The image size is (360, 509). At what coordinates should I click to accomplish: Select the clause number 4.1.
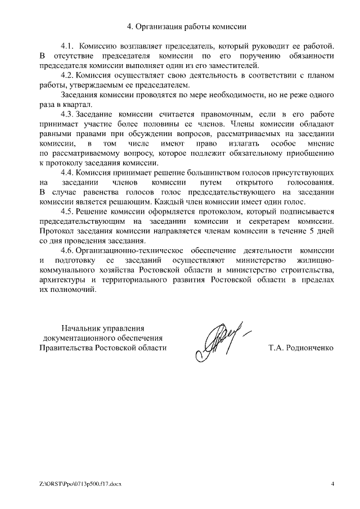click(x=67, y=46)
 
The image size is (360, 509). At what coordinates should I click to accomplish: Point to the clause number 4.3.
click(x=67, y=115)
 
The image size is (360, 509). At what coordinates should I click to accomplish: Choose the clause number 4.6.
click(x=67, y=251)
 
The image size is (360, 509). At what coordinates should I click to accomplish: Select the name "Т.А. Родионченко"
click(x=301, y=348)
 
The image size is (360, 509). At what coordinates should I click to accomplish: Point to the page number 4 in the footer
click(x=332, y=483)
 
